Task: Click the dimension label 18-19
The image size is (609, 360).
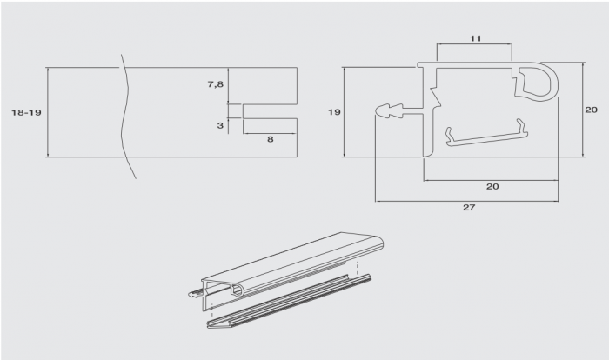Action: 26,113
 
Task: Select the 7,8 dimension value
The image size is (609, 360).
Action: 216,83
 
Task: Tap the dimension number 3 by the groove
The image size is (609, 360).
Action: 220,125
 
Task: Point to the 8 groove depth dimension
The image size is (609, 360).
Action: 271,139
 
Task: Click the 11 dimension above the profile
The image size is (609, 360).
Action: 475,38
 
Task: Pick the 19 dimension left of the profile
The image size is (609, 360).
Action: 334,112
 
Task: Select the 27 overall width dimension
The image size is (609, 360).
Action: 469,207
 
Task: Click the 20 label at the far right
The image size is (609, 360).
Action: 591,110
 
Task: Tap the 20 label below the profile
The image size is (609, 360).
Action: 492,186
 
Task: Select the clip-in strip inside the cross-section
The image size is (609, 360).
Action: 486,134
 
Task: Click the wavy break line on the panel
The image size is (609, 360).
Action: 125,117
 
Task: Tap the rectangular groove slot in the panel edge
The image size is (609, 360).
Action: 270,111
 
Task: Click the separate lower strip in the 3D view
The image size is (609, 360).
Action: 289,302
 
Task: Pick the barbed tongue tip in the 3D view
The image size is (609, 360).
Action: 193,295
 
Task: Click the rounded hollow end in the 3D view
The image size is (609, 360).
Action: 238,290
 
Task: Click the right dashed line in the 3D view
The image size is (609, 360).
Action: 357,268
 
